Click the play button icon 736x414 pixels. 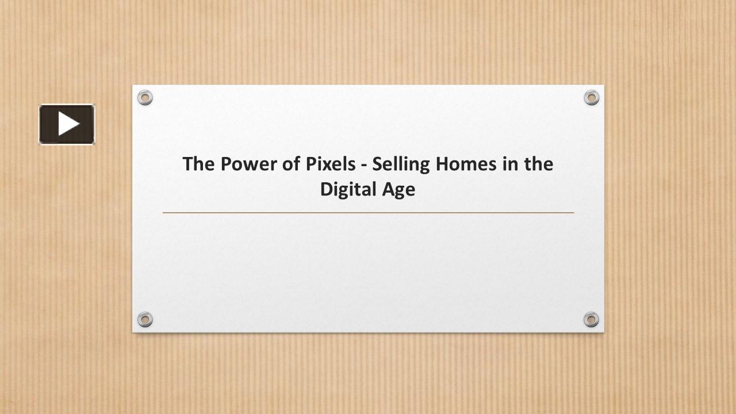click(x=67, y=124)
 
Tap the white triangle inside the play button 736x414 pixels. click(x=68, y=124)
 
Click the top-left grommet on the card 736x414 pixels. click(x=145, y=98)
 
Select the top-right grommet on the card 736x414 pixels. click(x=591, y=98)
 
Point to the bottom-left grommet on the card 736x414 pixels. click(x=145, y=319)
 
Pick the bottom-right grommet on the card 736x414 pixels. click(x=591, y=319)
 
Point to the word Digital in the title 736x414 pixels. click(x=347, y=190)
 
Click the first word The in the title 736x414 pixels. click(x=198, y=164)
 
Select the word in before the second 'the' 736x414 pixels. click(x=508, y=164)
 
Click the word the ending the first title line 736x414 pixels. click(x=538, y=164)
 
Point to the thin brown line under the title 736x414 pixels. click(x=368, y=213)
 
